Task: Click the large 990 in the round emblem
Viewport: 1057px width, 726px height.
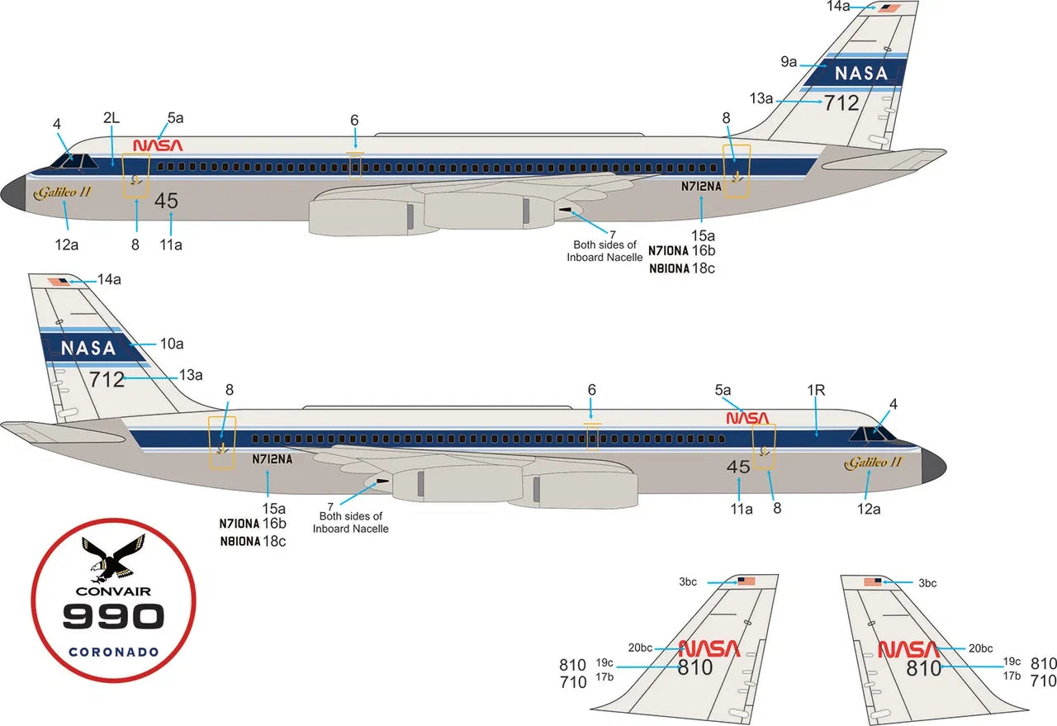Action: point(113,616)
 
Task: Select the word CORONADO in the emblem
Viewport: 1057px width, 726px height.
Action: point(114,652)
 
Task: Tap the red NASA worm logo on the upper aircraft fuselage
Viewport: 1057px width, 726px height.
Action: point(158,145)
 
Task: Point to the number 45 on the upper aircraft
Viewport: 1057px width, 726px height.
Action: point(166,201)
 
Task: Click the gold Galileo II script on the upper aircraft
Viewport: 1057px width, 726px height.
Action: point(62,192)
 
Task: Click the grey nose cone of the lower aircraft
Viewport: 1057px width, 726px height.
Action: point(933,466)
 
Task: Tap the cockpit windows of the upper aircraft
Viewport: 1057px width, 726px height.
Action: point(73,161)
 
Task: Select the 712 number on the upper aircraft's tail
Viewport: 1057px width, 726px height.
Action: point(841,103)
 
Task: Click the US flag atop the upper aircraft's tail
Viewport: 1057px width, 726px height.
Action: point(889,8)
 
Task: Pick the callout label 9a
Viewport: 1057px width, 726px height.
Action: point(789,61)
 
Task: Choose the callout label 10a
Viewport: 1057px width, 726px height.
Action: point(172,344)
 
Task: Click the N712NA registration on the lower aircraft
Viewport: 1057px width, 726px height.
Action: point(273,459)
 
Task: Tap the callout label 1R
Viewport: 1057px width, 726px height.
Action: point(816,391)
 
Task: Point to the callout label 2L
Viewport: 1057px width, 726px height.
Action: point(111,117)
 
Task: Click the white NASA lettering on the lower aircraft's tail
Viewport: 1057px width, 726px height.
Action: point(88,349)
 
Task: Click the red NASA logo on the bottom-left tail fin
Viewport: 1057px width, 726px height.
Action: point(709,649)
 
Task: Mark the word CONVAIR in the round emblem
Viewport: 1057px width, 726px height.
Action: point(113,591)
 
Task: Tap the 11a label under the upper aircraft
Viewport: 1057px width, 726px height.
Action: point(171,245)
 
